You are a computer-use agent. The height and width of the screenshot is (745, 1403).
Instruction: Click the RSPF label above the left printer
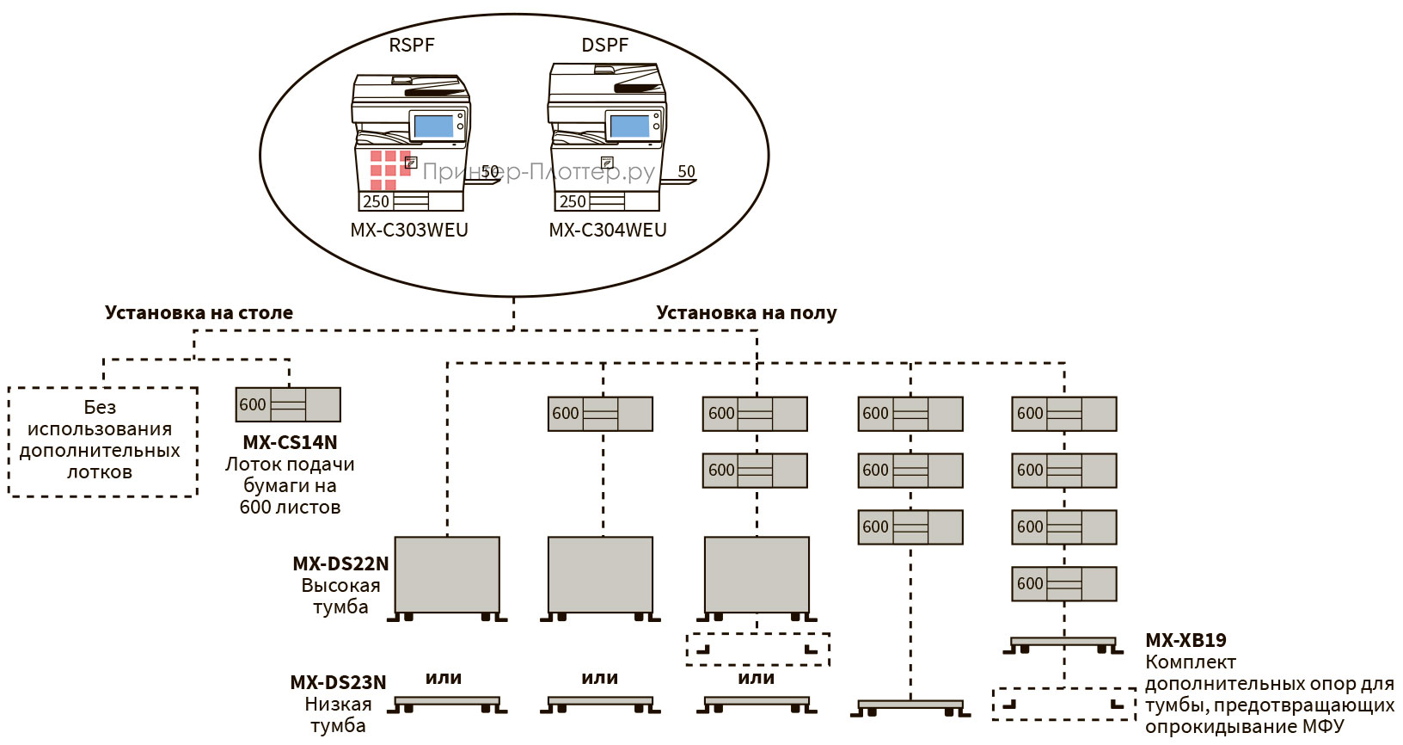(412, 45)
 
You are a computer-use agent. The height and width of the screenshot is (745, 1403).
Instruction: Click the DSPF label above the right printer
(605, 45)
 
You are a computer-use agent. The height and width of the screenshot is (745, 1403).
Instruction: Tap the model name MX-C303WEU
(409, 230)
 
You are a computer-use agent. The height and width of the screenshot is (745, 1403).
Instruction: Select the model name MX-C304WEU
(608, 230)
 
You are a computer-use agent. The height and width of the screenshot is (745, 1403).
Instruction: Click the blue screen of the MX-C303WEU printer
(433, 126)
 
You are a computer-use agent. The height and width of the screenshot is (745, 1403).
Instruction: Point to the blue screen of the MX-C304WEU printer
(630, 126)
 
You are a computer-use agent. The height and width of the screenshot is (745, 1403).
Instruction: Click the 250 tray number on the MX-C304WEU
(573, 201)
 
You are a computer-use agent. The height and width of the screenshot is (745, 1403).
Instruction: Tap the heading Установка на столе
(199, 312)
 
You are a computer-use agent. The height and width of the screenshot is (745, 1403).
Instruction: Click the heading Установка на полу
(746, 312)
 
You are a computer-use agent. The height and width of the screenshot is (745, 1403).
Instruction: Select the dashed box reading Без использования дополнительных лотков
(102, 440)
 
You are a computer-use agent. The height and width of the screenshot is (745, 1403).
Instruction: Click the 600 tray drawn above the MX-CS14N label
(288, 404)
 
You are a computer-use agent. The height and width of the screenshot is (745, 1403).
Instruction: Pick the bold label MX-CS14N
(290, 442)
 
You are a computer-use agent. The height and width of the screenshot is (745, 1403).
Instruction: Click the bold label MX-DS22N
(340, 563)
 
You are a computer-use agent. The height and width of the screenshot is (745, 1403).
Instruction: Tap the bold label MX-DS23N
(338, 682)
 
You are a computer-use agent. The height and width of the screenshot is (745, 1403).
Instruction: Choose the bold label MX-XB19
(1186, 640)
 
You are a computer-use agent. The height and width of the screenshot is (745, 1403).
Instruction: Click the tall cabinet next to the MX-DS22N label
(447, 575)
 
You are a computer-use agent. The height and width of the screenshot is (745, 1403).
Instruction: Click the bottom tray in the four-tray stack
(1064, 583)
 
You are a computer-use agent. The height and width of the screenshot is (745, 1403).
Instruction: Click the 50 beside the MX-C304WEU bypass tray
(686, 171)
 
